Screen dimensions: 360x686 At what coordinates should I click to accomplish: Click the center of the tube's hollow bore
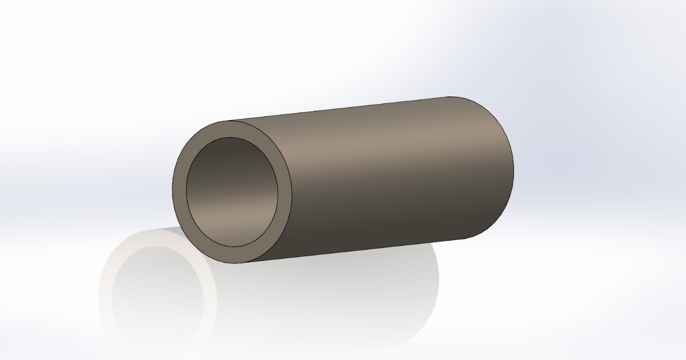tap(232, 192)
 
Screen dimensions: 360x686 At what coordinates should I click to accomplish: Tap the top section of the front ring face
tap(232, 129)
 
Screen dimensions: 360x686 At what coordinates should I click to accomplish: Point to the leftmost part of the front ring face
tap(179, 190)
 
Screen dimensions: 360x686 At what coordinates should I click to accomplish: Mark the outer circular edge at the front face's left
tap(173, 190)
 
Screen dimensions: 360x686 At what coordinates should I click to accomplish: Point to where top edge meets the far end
tap(450, 97)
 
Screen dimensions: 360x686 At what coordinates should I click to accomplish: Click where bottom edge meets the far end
tap(464, 239)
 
